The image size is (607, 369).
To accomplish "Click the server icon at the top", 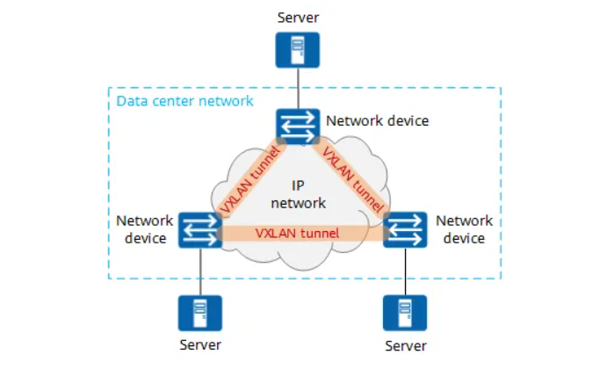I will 299,49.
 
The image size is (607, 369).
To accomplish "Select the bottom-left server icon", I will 200,313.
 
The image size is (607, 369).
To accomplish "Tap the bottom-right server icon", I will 405,313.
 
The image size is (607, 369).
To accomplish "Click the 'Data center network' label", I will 184,101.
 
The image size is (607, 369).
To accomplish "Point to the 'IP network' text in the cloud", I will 299,194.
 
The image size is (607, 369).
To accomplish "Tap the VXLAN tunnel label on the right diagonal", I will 353,181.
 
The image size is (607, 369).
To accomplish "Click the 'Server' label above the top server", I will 299,17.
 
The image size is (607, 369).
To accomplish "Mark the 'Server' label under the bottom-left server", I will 200,344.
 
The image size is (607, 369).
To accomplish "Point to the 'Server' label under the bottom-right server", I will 405,345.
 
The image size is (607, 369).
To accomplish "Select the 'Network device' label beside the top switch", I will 377,120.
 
